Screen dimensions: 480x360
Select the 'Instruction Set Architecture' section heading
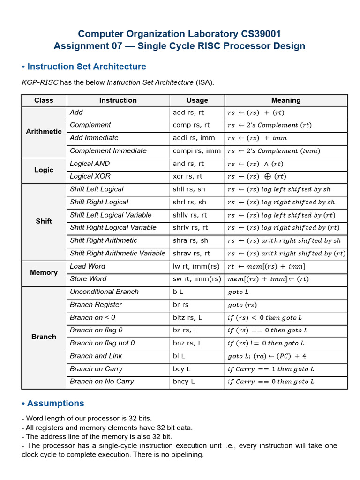pyautogui.click(x=86, y=67)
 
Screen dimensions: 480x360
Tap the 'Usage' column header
pyautogui.click(x=197, y=100)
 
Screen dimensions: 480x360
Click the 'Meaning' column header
pyautogui.click(x=286, y=100)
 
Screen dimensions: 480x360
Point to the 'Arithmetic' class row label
pyautogui.click(x=44, y=132)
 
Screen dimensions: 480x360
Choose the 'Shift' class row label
pyautogui.click(x=44, y=221)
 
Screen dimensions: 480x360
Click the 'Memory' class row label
pyautogui.click(x=44, y=272)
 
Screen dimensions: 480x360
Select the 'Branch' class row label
pyautogui.click(x=44, y=337)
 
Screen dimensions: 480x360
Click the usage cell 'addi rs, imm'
pyautogui.click(x=194, y=138)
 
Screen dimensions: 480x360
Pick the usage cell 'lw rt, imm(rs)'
pyautogui.click(x=196, y=266)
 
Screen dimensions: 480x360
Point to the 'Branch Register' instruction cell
pyautogui.click(x=96, y=305)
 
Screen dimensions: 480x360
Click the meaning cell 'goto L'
pyautogui.click(x=238, y=292)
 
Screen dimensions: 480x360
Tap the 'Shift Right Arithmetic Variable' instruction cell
pyautogui.click(x=117, y=253)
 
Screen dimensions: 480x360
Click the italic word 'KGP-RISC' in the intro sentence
pyautogui.click(x=40, y=82)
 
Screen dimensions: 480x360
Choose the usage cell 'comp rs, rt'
pyautogui.click(x=191, y=125)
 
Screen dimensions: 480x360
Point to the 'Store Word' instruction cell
pyautogui.click(x=88, y=279)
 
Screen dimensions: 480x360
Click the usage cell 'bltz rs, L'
pyautogui.click(x=187, y=317)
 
